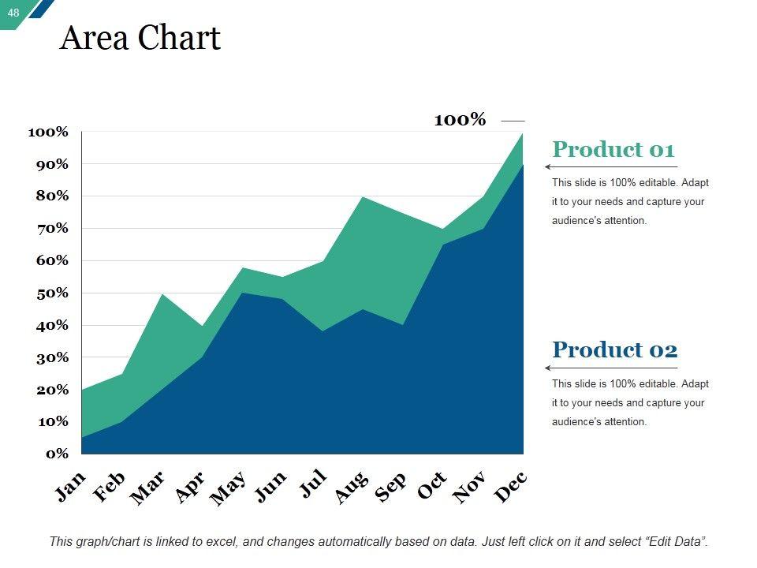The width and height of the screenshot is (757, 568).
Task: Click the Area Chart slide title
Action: click(x=140, y=38)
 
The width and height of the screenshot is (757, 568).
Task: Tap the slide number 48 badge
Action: click(x=13, y=12)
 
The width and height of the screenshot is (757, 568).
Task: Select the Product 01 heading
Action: click(x=613, y=150)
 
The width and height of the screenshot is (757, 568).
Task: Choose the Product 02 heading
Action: click(x=614, y=349)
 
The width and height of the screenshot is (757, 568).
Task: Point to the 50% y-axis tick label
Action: click(x=51, y=293)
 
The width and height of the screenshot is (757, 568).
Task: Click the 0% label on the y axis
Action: click(x=57, y=454)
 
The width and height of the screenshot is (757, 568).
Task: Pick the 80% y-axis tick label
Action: click(x=51, y=196)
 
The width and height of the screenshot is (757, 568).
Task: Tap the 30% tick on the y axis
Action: click(x=51, y=357)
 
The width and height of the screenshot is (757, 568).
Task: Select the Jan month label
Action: click(x=70, y=488)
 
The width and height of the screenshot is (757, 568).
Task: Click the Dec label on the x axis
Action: click(x=510, y=487)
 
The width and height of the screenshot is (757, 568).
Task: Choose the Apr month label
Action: click(x=190, y=488)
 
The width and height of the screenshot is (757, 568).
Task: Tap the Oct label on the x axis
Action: click(x=432, y=486)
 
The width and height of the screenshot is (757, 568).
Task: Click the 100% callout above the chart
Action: click(x=460, y=120)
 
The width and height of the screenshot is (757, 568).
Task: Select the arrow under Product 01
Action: click(x=611, y=167)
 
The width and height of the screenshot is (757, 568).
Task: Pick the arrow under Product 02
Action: click(x=611, y=368)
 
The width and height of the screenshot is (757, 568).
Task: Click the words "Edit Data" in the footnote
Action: click(x=676, y=542)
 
